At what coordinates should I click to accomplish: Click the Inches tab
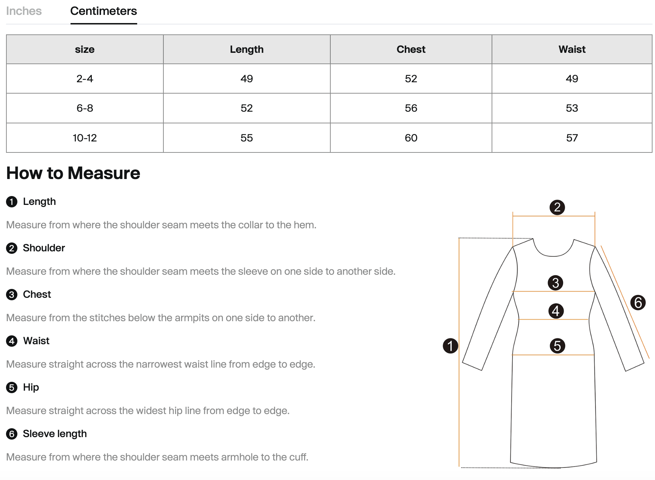[24, 11]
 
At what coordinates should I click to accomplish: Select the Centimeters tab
[103, 11]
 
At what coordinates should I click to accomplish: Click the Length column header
[247, 49]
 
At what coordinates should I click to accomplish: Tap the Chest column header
[411, 49]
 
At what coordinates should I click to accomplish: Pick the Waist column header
[572, 49]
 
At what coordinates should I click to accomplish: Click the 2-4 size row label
[85, 79]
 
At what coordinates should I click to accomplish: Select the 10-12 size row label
[85, 138]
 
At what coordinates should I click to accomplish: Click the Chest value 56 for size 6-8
[411, 108]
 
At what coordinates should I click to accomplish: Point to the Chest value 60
[411, 138]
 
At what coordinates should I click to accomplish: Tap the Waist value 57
[572, 138]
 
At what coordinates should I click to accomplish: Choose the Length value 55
[247, 138]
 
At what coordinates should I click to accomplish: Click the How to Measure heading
[73, 173]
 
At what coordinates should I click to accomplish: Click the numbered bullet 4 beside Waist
[12, 341]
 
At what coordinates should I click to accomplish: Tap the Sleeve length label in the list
[55, 434]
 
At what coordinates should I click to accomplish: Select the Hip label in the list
[31, 387]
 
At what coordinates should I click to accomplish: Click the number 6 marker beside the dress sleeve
[638, 303]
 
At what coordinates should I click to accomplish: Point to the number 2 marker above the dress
[557, 207]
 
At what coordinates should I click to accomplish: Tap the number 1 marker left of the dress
[450, 346]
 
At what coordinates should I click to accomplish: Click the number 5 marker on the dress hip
[557, 346]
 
